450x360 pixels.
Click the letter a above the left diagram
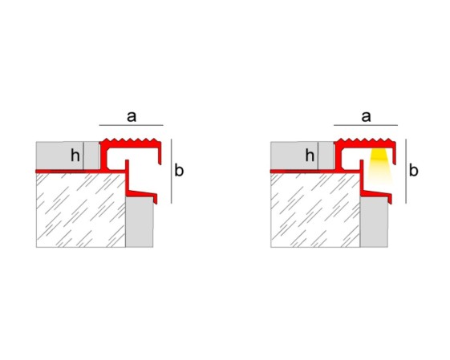click(132, 117)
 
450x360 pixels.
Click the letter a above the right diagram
click(366, 117)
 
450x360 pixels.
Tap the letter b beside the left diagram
click(179, 170)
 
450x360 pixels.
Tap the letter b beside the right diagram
click(414, 170)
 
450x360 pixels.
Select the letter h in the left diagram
click(75, 156)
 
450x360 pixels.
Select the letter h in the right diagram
click(310, 156)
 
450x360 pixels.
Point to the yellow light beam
click(379, 164)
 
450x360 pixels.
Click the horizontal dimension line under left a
click(132, 125)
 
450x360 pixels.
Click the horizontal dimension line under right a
click(366, 125)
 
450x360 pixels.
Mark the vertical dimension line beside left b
click(172, 172)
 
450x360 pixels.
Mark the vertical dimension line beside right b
click(406, 172)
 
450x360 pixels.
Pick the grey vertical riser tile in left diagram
click(140, 222)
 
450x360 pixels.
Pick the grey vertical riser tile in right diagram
click(374, 222)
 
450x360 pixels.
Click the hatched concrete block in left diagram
click(81, 210)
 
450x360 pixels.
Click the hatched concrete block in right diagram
click(315, 210)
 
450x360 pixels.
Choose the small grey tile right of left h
click(91, 156)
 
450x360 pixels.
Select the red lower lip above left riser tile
click(142, 194)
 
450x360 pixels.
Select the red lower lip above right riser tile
click(376, 194)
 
